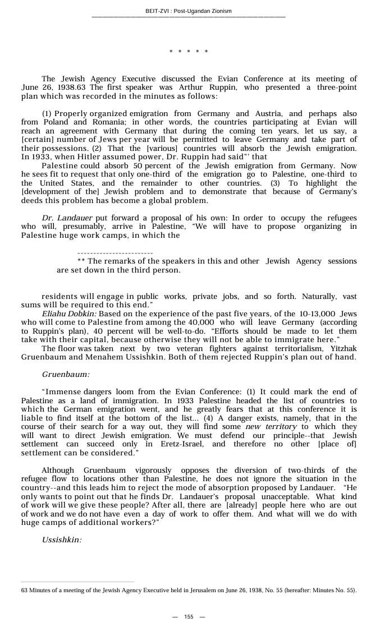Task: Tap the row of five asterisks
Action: (x=189, y=52)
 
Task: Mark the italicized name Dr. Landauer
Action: (x=68, y=218)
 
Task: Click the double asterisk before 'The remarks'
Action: (x=81, y=261)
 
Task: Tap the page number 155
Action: (x=189, y=617)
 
